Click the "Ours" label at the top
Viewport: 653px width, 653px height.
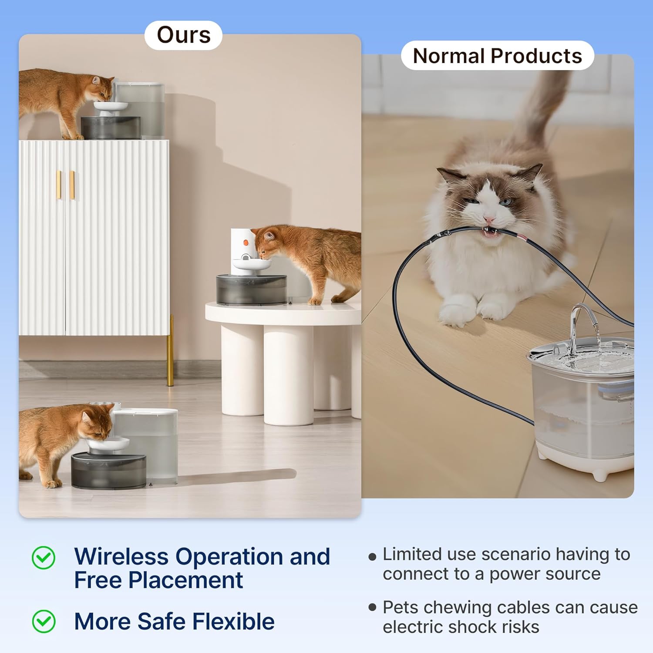pyautogui.click(x=183, y=35)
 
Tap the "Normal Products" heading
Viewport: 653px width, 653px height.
pyautogui.click(x=497, y=56)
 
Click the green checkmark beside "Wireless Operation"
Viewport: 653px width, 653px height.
pyautogui.click(x=44, y=558)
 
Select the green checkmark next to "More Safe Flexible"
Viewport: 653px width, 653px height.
pyautogui.click(x=44, y=621)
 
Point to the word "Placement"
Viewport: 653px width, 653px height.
pyautogui.click(x=185, y=580)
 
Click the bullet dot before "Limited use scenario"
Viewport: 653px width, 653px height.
pyautogui.click(x=372, y=556)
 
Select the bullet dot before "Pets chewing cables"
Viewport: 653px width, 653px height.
pyautogui.click(x=372, y=607)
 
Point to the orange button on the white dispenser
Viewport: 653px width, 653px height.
pyautogui.click(x=246, y=242)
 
